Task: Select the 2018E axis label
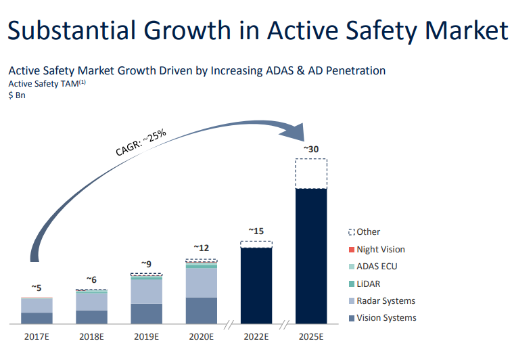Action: pyautogui.click(x=91, y=336)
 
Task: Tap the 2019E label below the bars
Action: pyautogui.click(x=146, y=336)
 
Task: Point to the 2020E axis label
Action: pyautogui.click(x=201, y=336)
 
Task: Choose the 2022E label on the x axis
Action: pyautogui.click(x=256, y=336)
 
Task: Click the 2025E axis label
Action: pyautogui.click(x=311, y=336)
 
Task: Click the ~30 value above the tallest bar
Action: pyautogui.click(x=310, y=148)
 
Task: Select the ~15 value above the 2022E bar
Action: pyautogui.click(x=256, y=231)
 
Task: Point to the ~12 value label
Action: pyautogui.click(x=201, y=248)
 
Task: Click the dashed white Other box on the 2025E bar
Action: pyautogui.click(x=311, y=174)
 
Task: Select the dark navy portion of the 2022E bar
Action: pyautogui.click(x=256, y=285)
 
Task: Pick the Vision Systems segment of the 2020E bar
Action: pyautogui.click(x=201, y=311)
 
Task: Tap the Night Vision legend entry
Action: pyautogui.click(x=381, y=249)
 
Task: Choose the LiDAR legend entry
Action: pyautogui.click(x=374, y=284)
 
